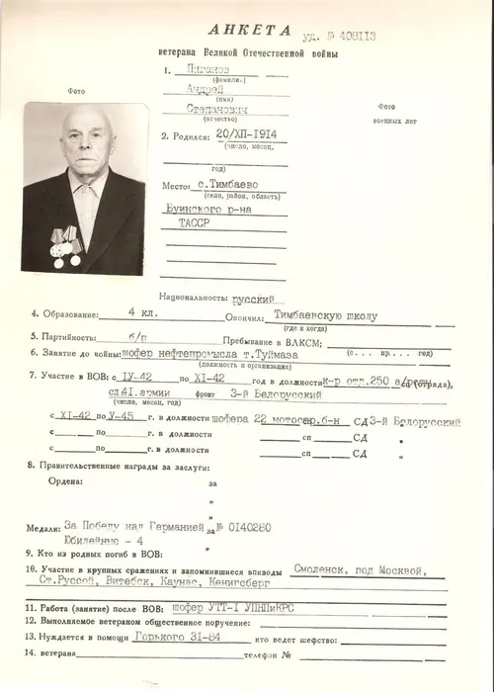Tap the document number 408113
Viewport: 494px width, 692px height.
click(358, 37)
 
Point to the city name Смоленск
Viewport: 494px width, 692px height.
click(327, 571)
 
